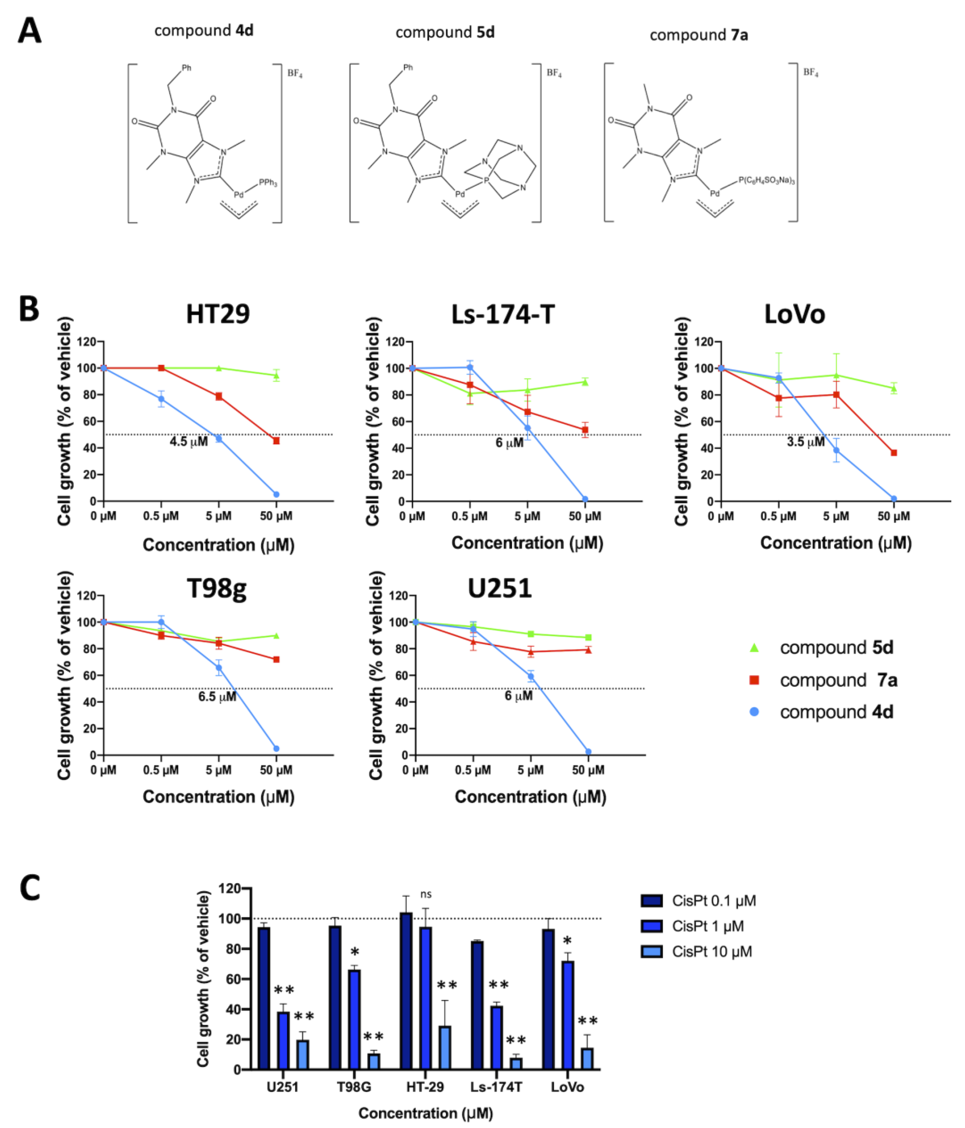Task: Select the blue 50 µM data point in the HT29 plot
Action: click(276, 494)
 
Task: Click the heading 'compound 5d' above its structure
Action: click(445, 33)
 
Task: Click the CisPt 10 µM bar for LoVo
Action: click(587, 1059)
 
